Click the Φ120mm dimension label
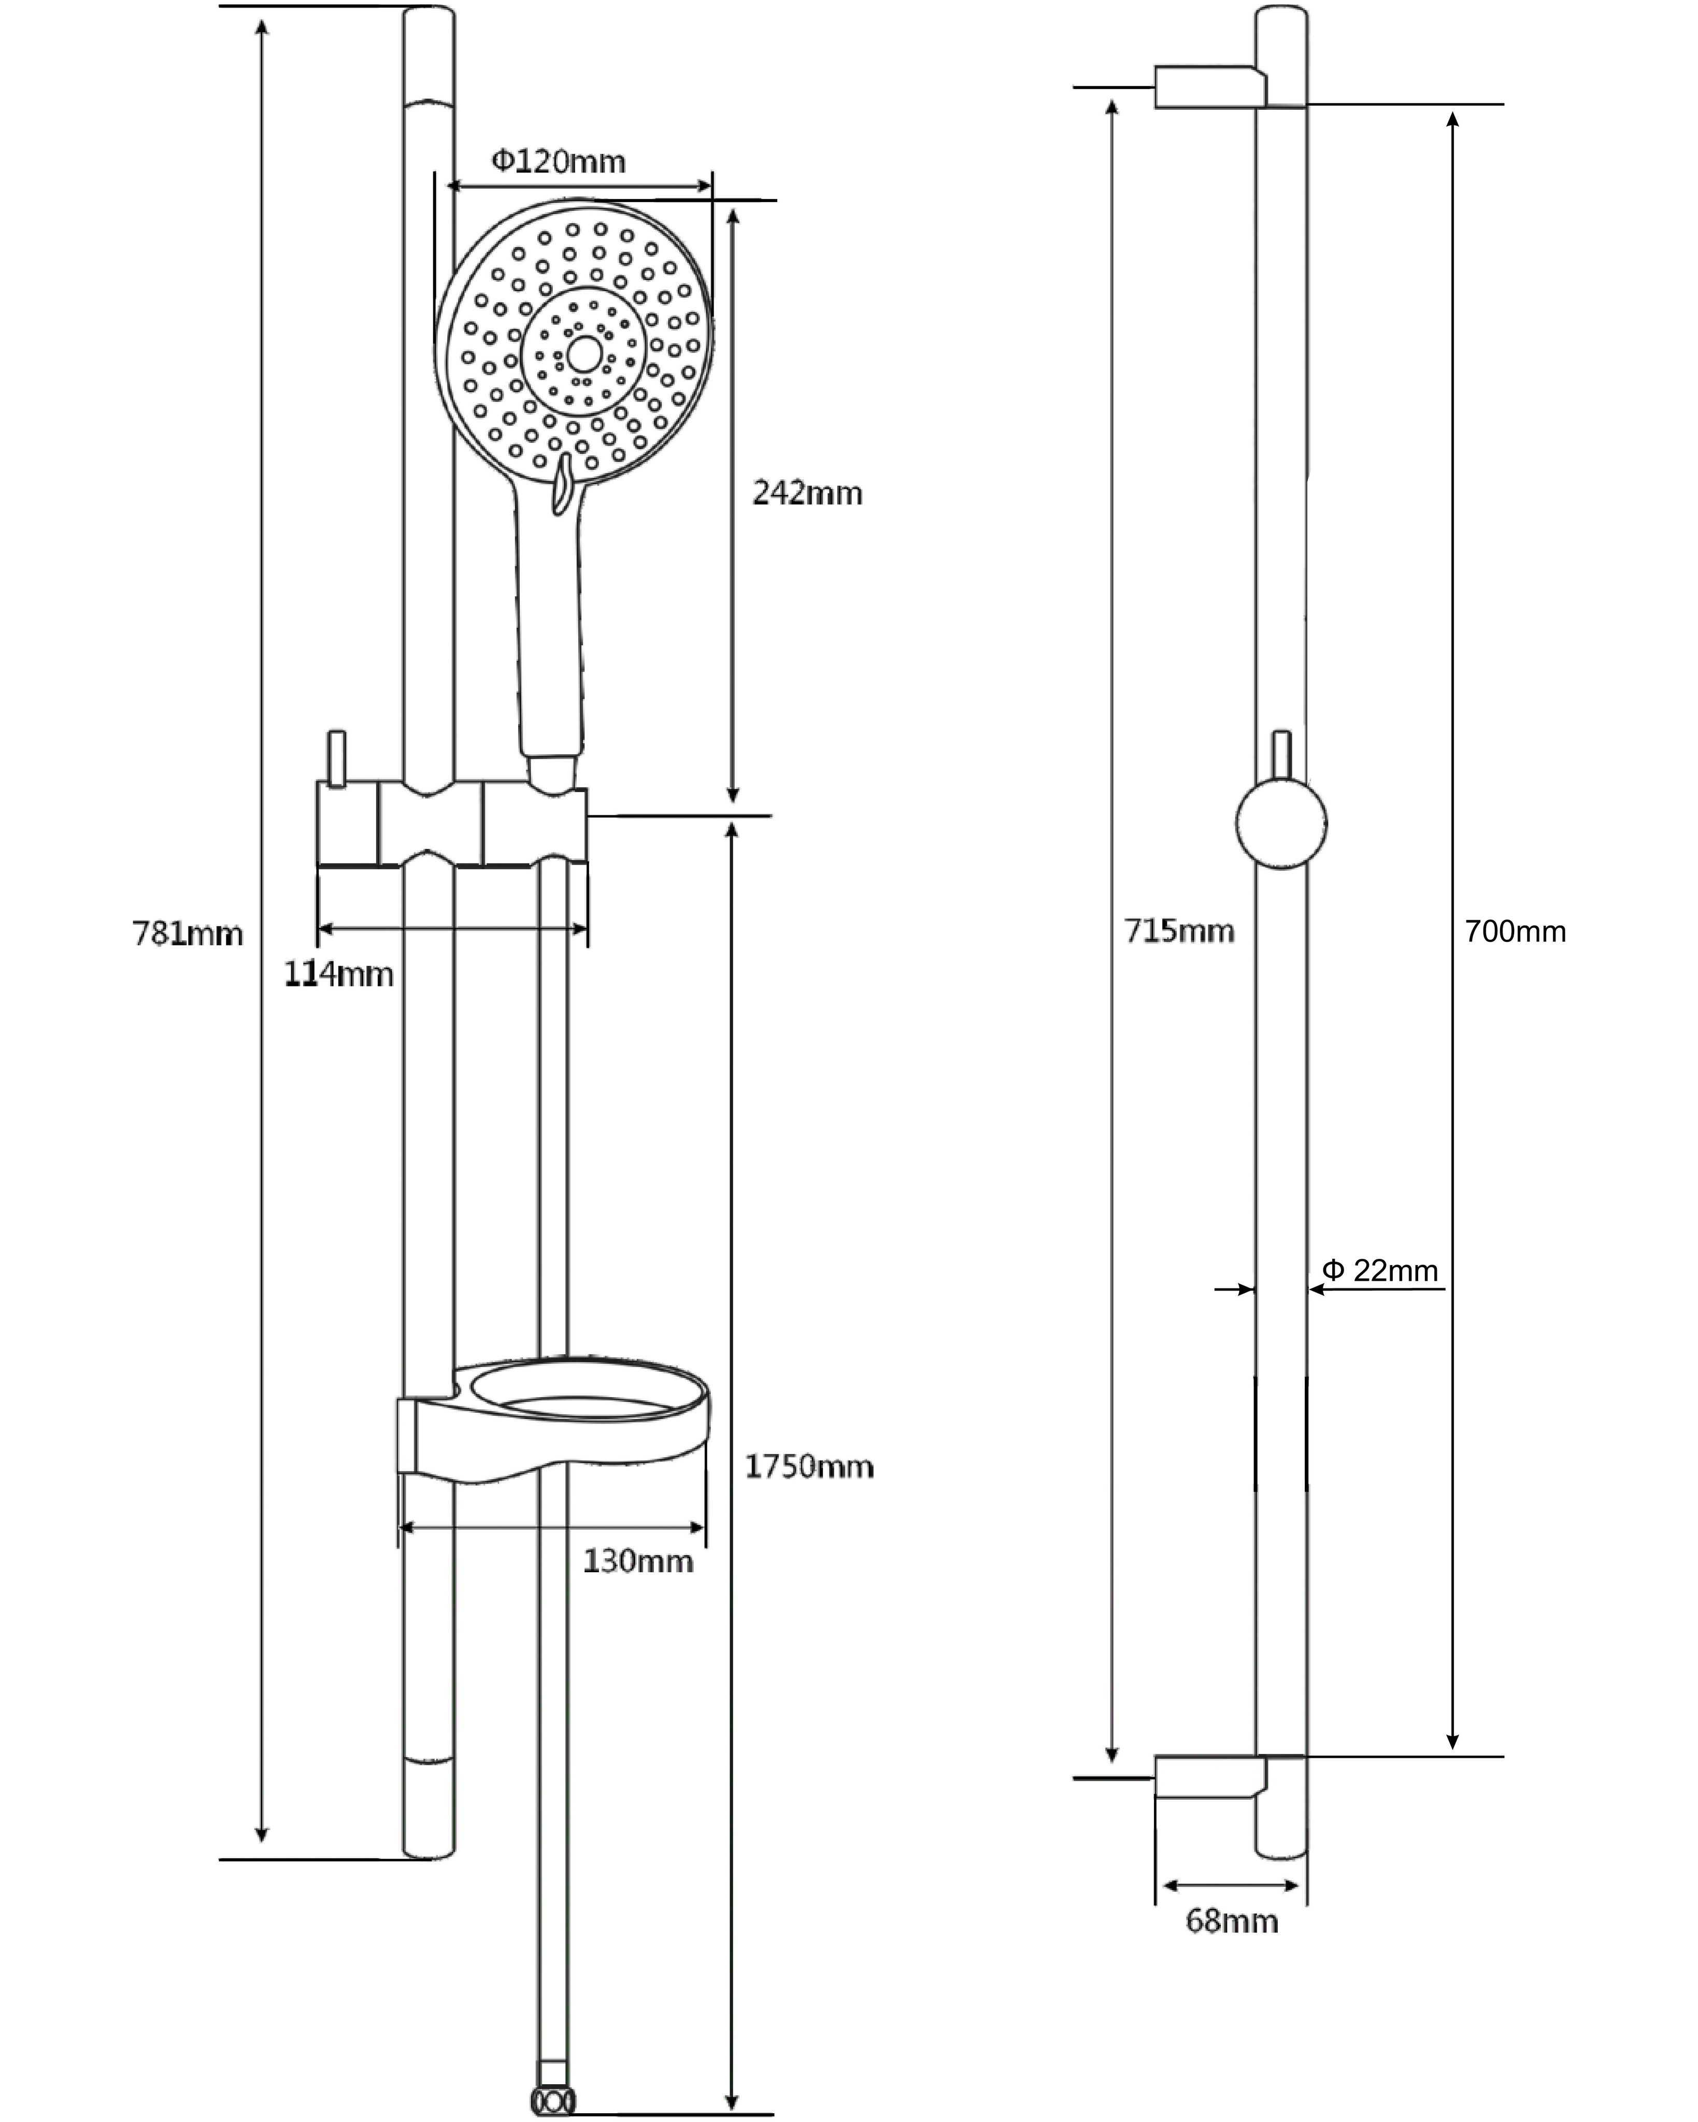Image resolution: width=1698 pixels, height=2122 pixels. tap(558, 161)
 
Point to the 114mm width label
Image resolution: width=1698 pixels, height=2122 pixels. tap(339, 974)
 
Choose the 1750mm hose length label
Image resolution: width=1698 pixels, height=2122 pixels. tap(808, 1467)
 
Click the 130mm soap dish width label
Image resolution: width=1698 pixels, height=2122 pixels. tap(638, 1561)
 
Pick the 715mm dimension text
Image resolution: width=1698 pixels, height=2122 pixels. tap(1178, 930)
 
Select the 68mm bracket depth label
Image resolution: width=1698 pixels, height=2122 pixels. tap(1232, 1920)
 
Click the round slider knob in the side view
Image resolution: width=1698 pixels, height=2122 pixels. tap(1281, 823)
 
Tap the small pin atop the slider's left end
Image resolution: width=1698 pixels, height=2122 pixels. tap(337, 759)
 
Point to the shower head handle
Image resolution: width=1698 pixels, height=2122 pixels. tap(549, 630)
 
